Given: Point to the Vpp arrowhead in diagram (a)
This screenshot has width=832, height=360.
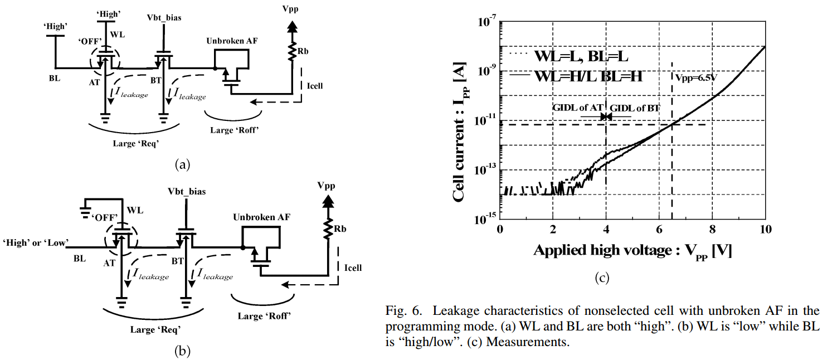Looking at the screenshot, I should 291,26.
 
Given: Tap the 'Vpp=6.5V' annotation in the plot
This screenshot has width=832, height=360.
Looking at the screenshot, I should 694,77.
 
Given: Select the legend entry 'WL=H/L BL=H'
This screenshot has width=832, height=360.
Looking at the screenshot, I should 588,76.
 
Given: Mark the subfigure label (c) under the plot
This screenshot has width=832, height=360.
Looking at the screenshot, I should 601,278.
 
